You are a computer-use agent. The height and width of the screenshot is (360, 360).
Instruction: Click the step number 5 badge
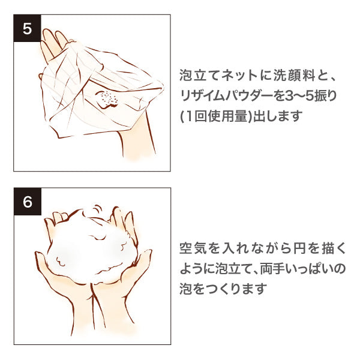[x=28, y=28]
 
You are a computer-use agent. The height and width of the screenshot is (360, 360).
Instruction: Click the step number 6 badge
[x=28, y=202]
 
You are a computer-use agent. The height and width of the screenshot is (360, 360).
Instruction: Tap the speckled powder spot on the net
[x=107, y=99]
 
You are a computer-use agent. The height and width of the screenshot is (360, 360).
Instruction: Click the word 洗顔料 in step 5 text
[x=294, y=76]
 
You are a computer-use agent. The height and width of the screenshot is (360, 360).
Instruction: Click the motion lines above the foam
[x=98, y=210]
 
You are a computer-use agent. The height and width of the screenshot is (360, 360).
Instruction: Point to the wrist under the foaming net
[x=136, y=142]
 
